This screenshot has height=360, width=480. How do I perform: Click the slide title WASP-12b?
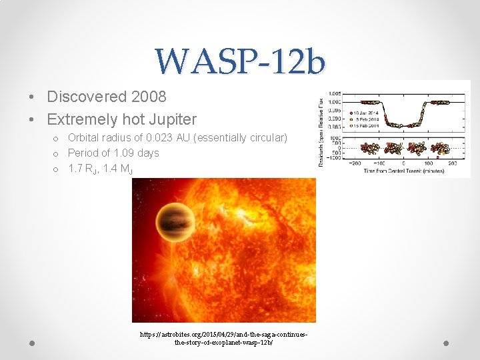(x=240, y=62)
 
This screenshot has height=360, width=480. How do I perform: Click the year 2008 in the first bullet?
(x=149, y=97)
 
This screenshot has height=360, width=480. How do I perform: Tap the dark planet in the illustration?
(x=175, y=223)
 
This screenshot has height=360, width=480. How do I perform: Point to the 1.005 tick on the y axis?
(x=334, y=94)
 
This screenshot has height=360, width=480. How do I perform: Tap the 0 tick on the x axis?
(x=403, y=163)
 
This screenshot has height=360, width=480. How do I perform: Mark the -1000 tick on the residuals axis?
(x=334, y=157)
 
